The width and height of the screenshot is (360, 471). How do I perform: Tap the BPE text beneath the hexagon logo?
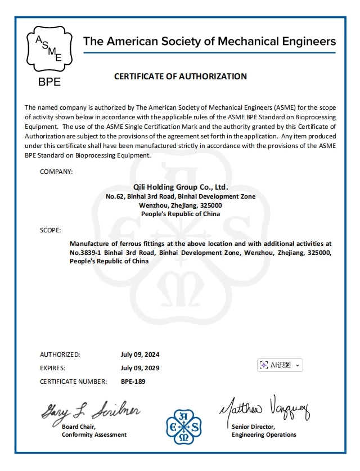(x=49, y=82)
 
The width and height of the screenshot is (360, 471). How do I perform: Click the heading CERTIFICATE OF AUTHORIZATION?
(x=181, y=77)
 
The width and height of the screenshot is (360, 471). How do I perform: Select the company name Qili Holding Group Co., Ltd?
(x=181, y=187)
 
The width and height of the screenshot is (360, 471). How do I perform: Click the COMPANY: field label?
(x=56, y=171)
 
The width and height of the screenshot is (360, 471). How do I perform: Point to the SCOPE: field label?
(x=51, y=230)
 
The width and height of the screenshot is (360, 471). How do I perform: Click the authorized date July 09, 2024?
(x=140, y=355)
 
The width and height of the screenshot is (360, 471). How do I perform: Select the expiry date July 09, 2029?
(x=140, y=368)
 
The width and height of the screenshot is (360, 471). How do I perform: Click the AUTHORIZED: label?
(x=60, y=355)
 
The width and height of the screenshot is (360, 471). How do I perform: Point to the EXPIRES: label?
(x=53, y=368)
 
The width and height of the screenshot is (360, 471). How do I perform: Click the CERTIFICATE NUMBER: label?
(x=73, y=382)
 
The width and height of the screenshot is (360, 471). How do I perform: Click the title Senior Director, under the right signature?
(x=253, y=427)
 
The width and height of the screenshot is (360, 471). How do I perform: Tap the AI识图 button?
(x=280, y=365)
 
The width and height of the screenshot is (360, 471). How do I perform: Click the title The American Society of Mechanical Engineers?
(x=209, y=41)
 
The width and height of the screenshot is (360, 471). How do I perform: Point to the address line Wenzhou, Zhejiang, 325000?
(x=181, y=205)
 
